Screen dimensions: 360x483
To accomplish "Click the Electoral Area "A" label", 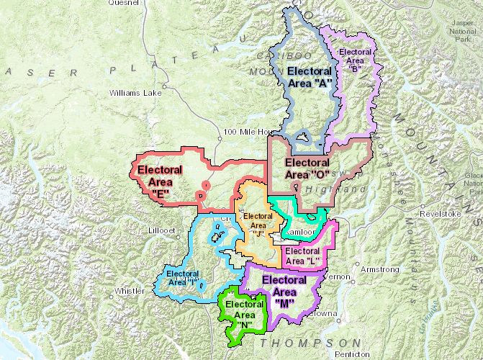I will [310, 77].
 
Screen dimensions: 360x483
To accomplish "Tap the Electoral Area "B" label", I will [355, 60].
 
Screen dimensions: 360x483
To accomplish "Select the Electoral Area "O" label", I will [307, 168].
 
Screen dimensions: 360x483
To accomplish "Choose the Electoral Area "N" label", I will [245, 315].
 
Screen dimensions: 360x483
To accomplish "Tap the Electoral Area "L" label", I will [302, 256].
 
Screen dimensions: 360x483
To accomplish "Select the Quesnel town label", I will [122, 3].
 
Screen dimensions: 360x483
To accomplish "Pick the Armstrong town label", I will [379, 269].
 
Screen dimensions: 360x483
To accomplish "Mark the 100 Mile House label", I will [248, 132].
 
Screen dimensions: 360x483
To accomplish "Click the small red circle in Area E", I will [207, 186].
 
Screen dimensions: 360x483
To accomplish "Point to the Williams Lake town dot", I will [165, 87].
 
